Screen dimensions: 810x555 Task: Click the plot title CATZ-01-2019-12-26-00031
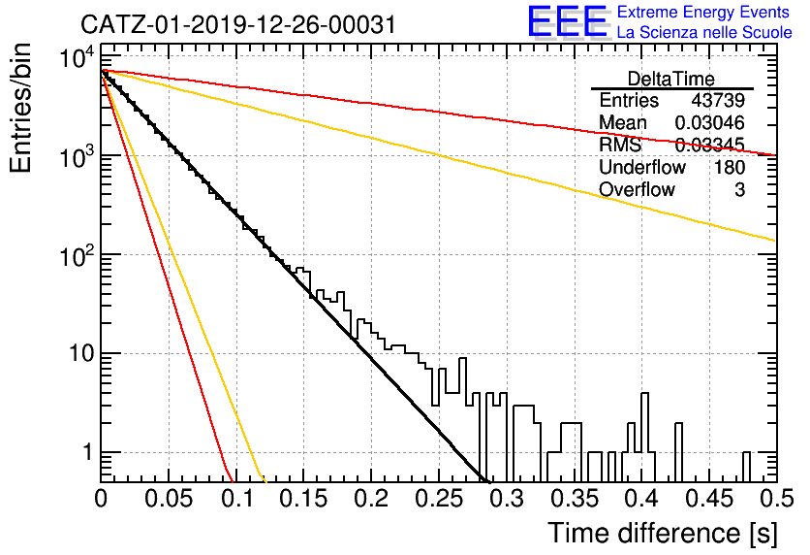[x=238, y=24]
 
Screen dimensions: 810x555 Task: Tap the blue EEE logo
[x=567, y=21]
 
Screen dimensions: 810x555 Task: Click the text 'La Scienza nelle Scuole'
[x=704, y=33]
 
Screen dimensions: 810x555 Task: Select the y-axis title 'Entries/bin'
[x=20, y=109]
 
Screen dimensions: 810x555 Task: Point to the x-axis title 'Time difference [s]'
[x=663, y=534]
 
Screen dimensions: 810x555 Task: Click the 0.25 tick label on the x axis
[x=439, y=499]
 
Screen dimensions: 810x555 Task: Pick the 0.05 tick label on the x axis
[x=169, y=499]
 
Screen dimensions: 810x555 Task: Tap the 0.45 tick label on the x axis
[x=709, y=499]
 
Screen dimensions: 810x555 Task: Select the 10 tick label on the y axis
[x=81, y=354]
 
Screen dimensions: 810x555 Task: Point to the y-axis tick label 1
[x=87, y=452]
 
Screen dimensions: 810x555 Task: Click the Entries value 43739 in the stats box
[x=718, y=100]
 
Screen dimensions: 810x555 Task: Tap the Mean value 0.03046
[x=710, y=122]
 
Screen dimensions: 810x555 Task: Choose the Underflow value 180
[x=730, y=167]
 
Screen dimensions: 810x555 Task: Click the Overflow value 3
[x=739, y=190]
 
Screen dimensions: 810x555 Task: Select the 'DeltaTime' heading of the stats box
[x=671, y=79]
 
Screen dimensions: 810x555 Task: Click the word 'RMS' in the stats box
[x=620, y=145]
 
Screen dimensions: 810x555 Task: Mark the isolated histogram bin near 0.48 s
[x=746, y=466]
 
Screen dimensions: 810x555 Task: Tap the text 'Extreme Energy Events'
[x=703, y=12]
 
